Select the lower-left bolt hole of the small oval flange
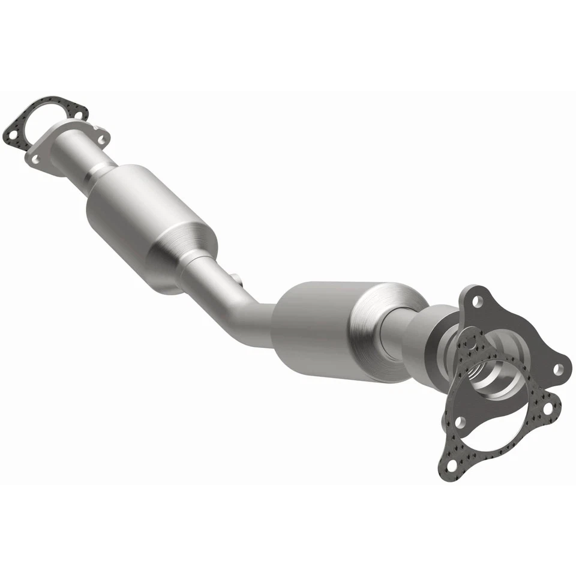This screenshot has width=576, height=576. point(35,158)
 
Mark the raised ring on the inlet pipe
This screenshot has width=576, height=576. point(96,175)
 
